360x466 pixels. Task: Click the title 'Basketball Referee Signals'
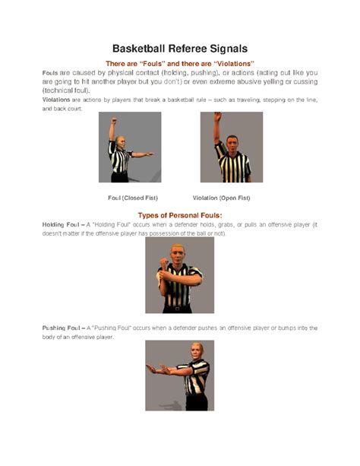tap(180, 48)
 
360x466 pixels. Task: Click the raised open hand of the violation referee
tap(216, 118)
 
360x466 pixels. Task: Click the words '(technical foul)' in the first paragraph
tap(65, 90)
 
